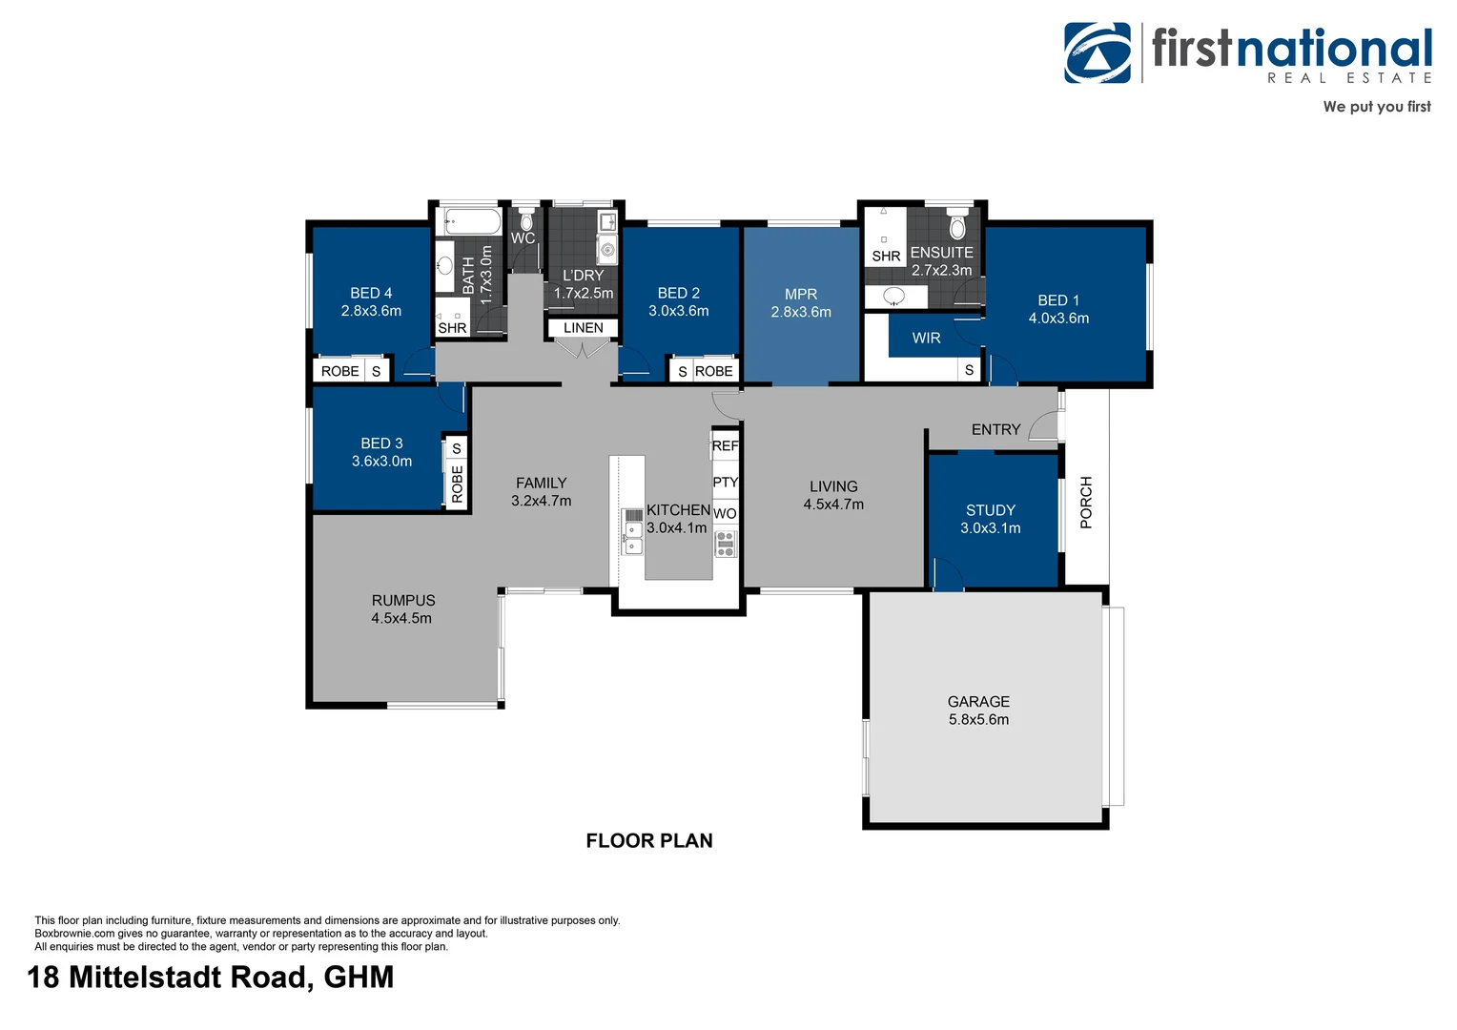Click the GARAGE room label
[978, 701]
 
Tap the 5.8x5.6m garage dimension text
[978, 720]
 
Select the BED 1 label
[1058, 300]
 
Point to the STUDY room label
[991, 510]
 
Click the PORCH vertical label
[1086, 503]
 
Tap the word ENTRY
[995, 430]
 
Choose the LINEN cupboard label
[583, 328]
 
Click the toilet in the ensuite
[957, 226]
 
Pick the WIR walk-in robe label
[926, 339]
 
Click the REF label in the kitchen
[725, 446]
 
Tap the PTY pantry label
[725, 483]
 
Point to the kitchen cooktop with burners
[726, 544]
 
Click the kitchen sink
[633, 530]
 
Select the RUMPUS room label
[403, 601]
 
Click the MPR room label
[801, 295]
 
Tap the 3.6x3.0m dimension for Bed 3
[381, 462]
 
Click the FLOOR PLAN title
[649, 841]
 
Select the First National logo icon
[1098, 53]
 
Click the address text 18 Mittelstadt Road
[210, 978]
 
